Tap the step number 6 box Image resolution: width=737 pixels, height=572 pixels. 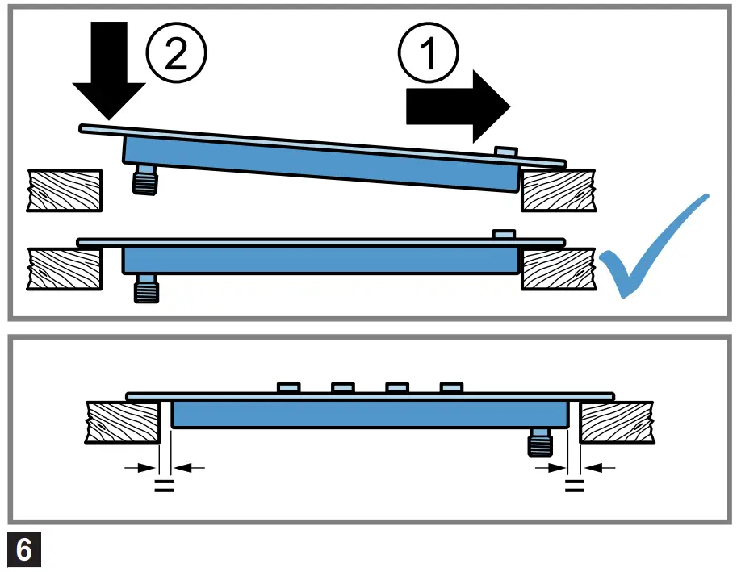[x=24, y=550]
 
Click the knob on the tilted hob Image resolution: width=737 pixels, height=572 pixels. [x=505, y=152]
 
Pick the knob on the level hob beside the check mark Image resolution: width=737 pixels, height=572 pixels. [x=504, y=234]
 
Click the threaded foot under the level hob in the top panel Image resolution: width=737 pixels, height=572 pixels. [x=145, y=288]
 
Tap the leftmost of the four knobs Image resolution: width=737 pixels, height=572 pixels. [x=289, y=389]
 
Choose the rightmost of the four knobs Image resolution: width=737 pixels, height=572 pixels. [x=452, y=389]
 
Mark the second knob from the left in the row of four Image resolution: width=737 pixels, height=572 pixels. [x=343, y=389]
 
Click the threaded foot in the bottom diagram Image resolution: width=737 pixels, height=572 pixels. [x=540, y=443]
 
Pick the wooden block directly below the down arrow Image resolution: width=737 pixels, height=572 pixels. [x=65, y=190]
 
